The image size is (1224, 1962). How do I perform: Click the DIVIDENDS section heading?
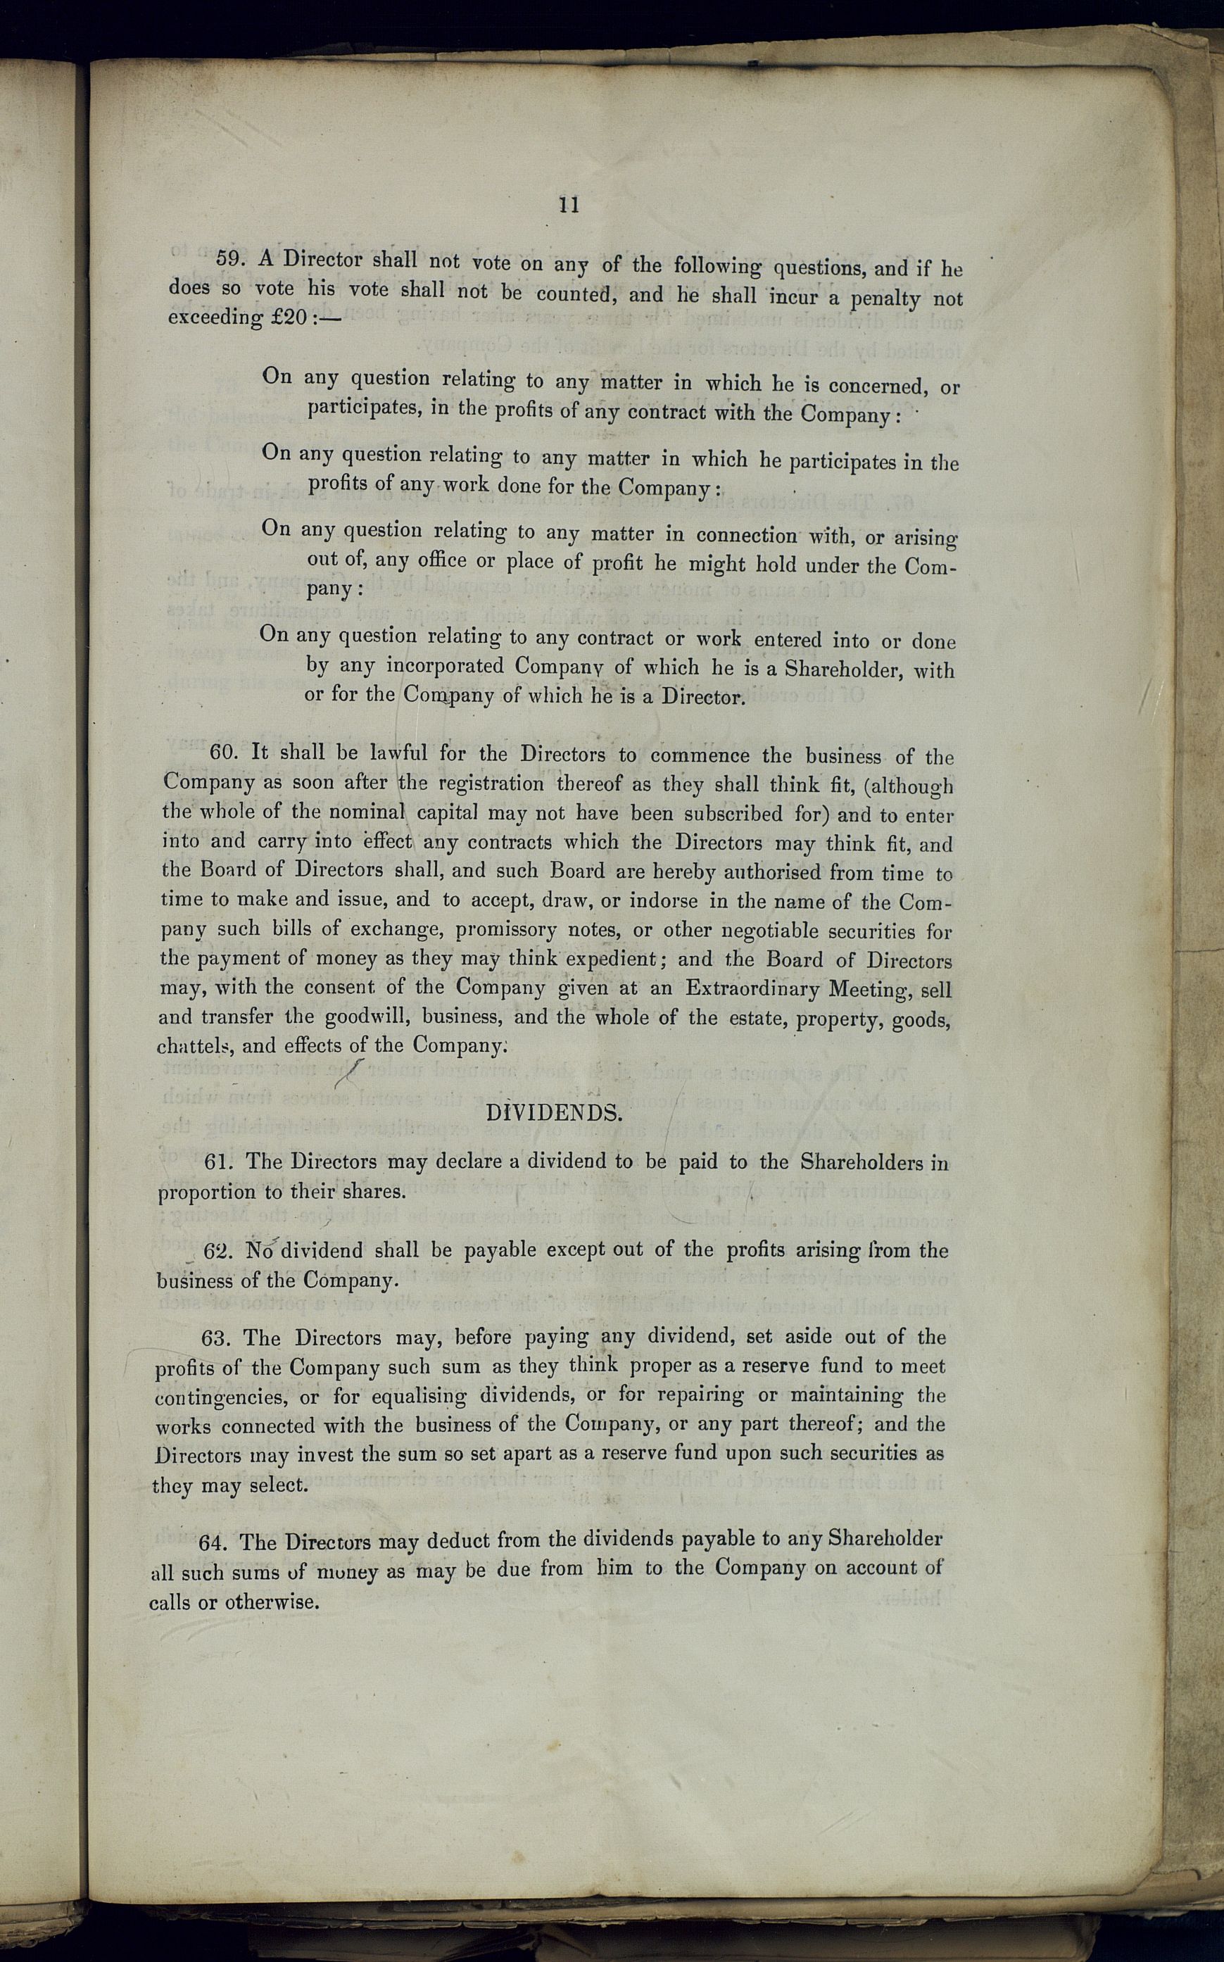(x=555, y=1113)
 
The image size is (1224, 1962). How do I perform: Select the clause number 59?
(x=229, y=258)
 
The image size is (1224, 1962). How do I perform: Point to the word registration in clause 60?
(x=491, y=783)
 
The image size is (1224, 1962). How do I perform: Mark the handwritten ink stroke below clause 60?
(x=351, y=1074)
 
